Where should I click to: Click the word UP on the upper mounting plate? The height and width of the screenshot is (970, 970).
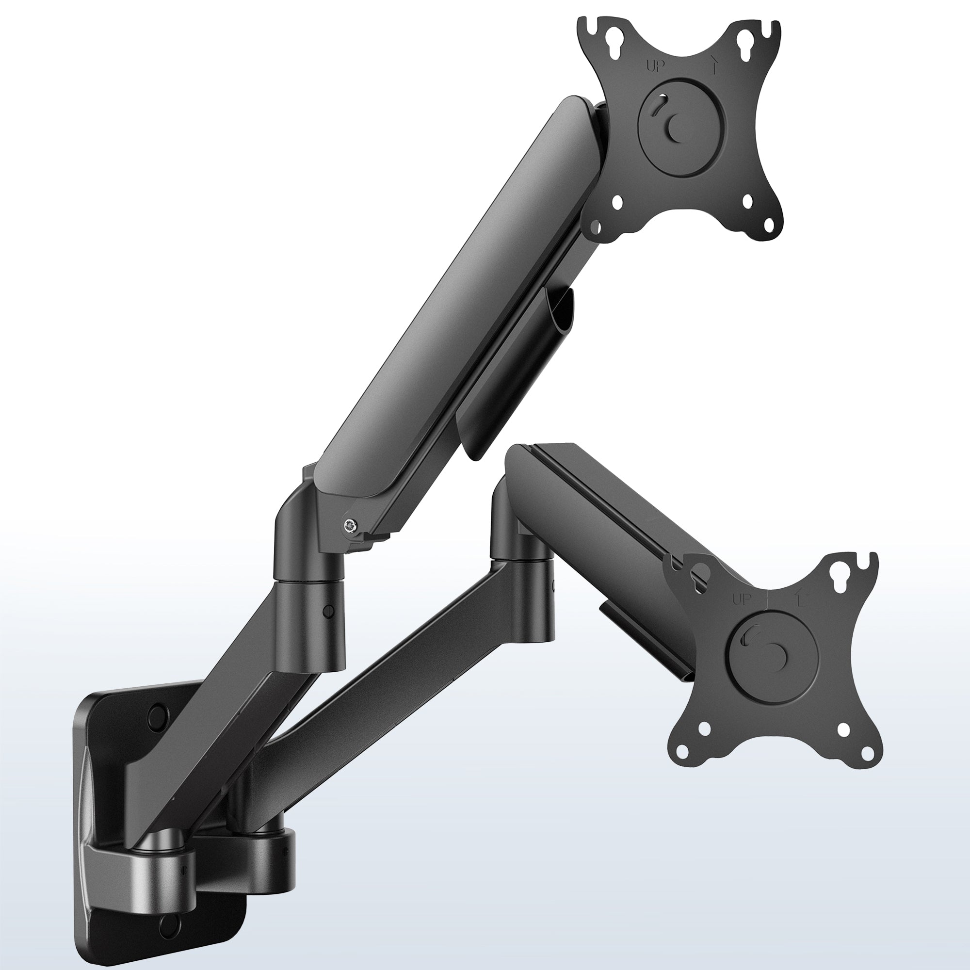point(655,66)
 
